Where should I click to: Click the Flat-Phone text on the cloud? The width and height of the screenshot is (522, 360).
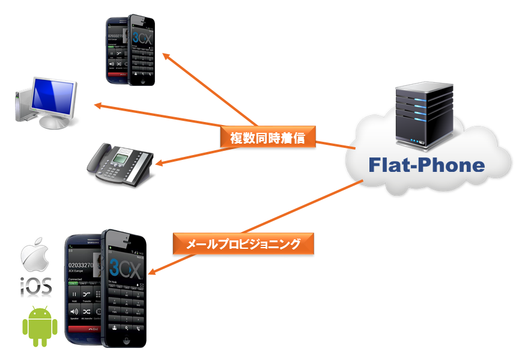[426, 164]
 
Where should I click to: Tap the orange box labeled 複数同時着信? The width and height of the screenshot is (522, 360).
[268, 138]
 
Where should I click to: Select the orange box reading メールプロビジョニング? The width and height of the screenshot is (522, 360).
[243, 243]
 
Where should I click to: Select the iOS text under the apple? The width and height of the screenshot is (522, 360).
[36, 285]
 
